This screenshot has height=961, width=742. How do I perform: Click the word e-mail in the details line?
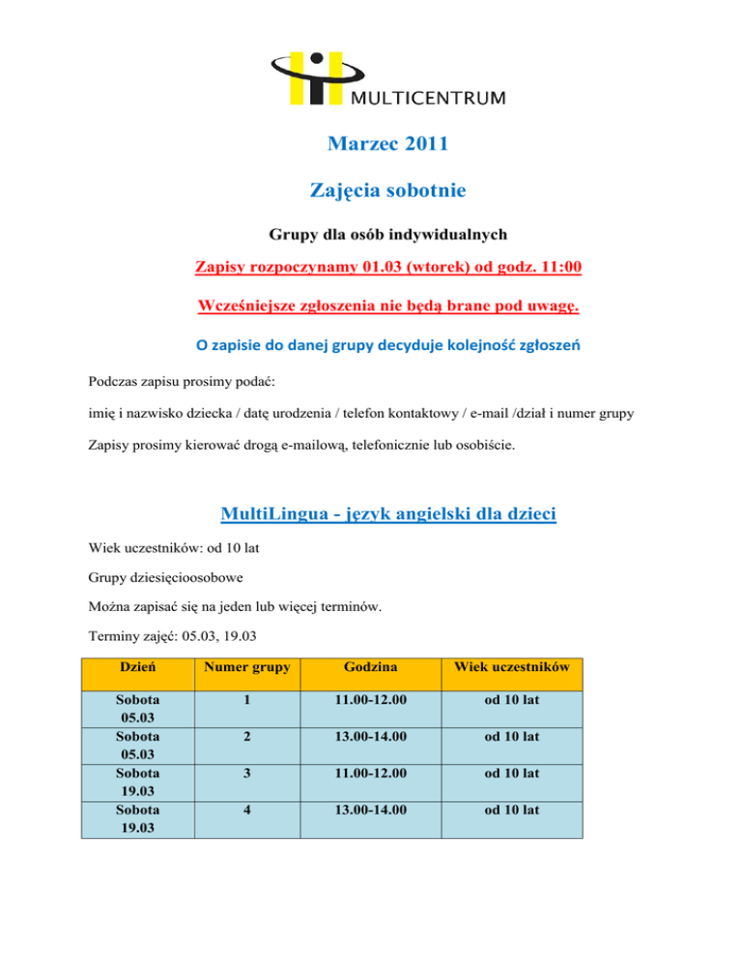click(500, 415)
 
